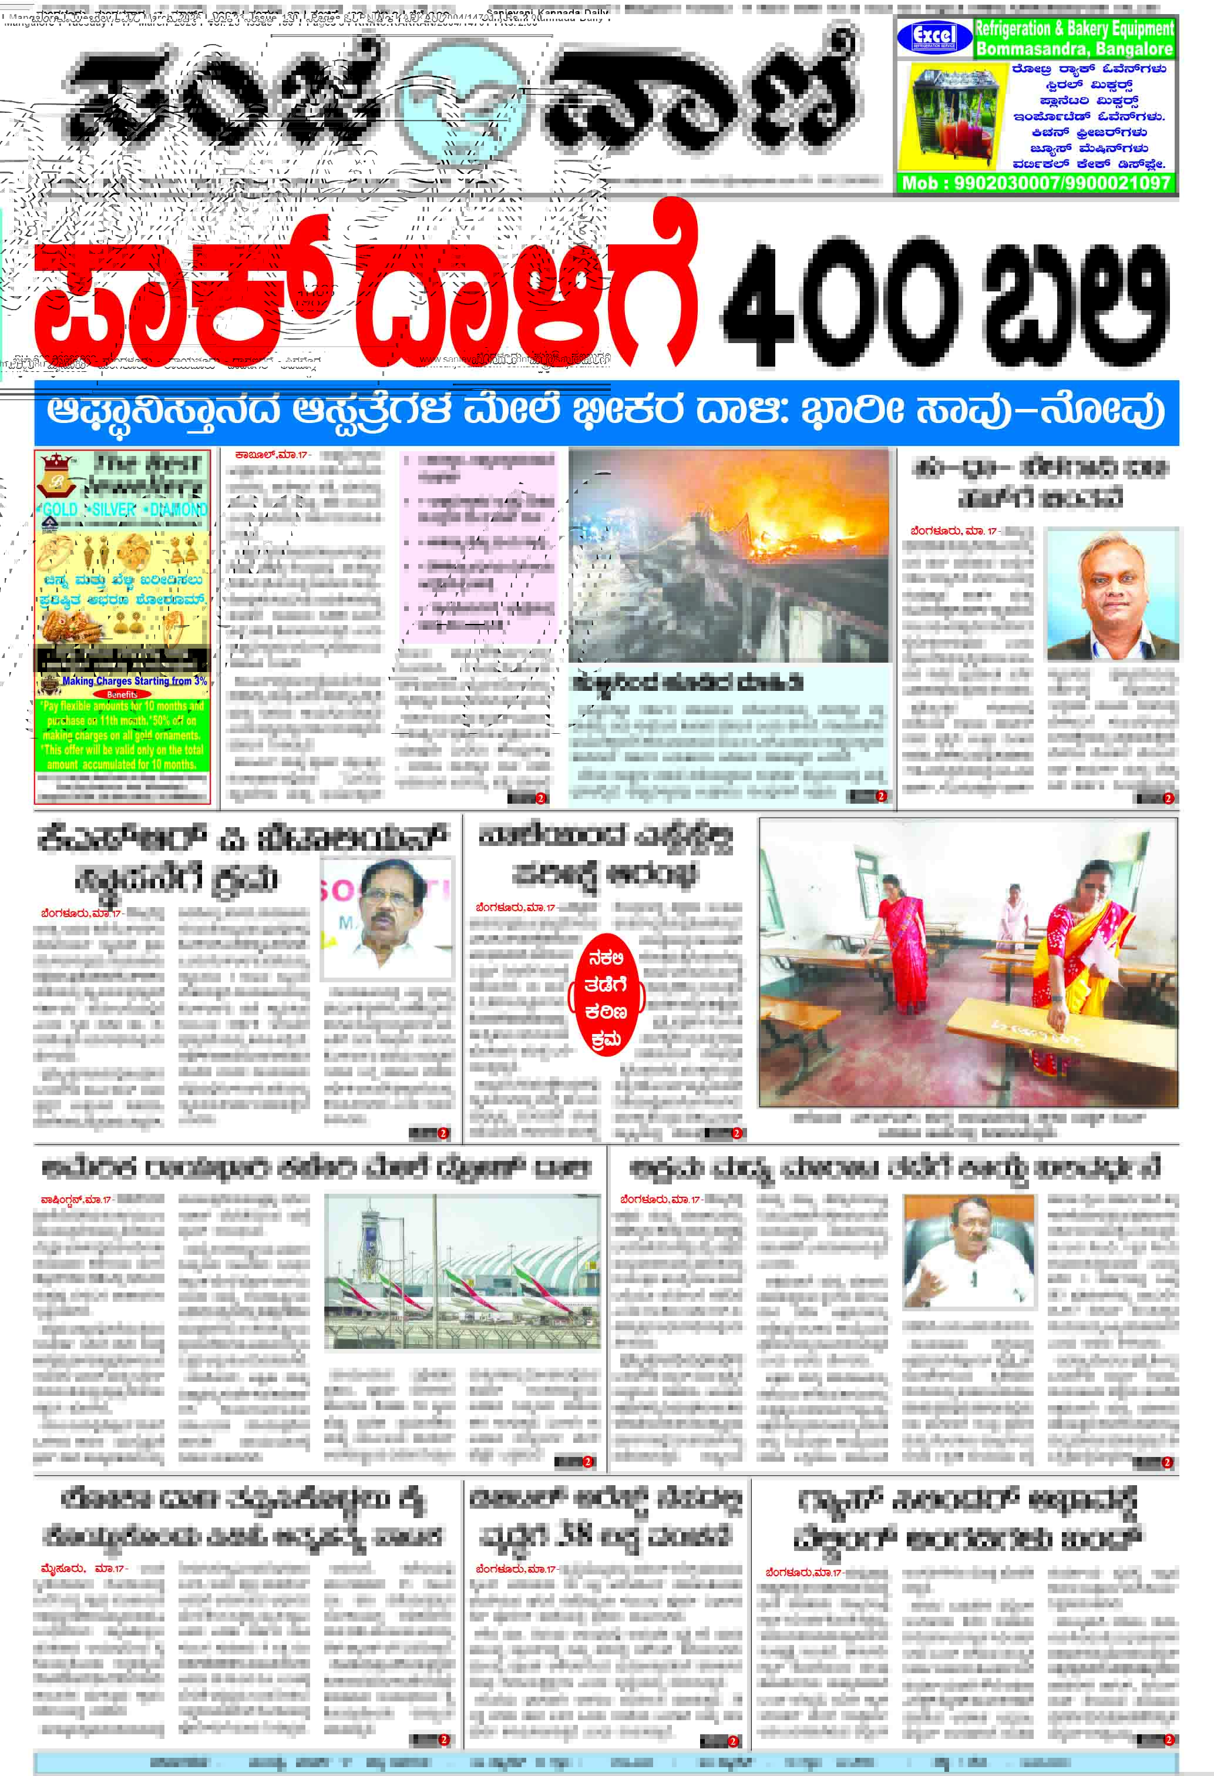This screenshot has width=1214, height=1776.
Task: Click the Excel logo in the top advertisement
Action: pos(934,36)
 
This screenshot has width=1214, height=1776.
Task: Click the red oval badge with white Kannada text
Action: pos(606,996)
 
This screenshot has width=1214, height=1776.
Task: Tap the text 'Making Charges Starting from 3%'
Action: pos(134,680)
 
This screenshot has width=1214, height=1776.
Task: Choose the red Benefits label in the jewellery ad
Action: pos(122,694)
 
